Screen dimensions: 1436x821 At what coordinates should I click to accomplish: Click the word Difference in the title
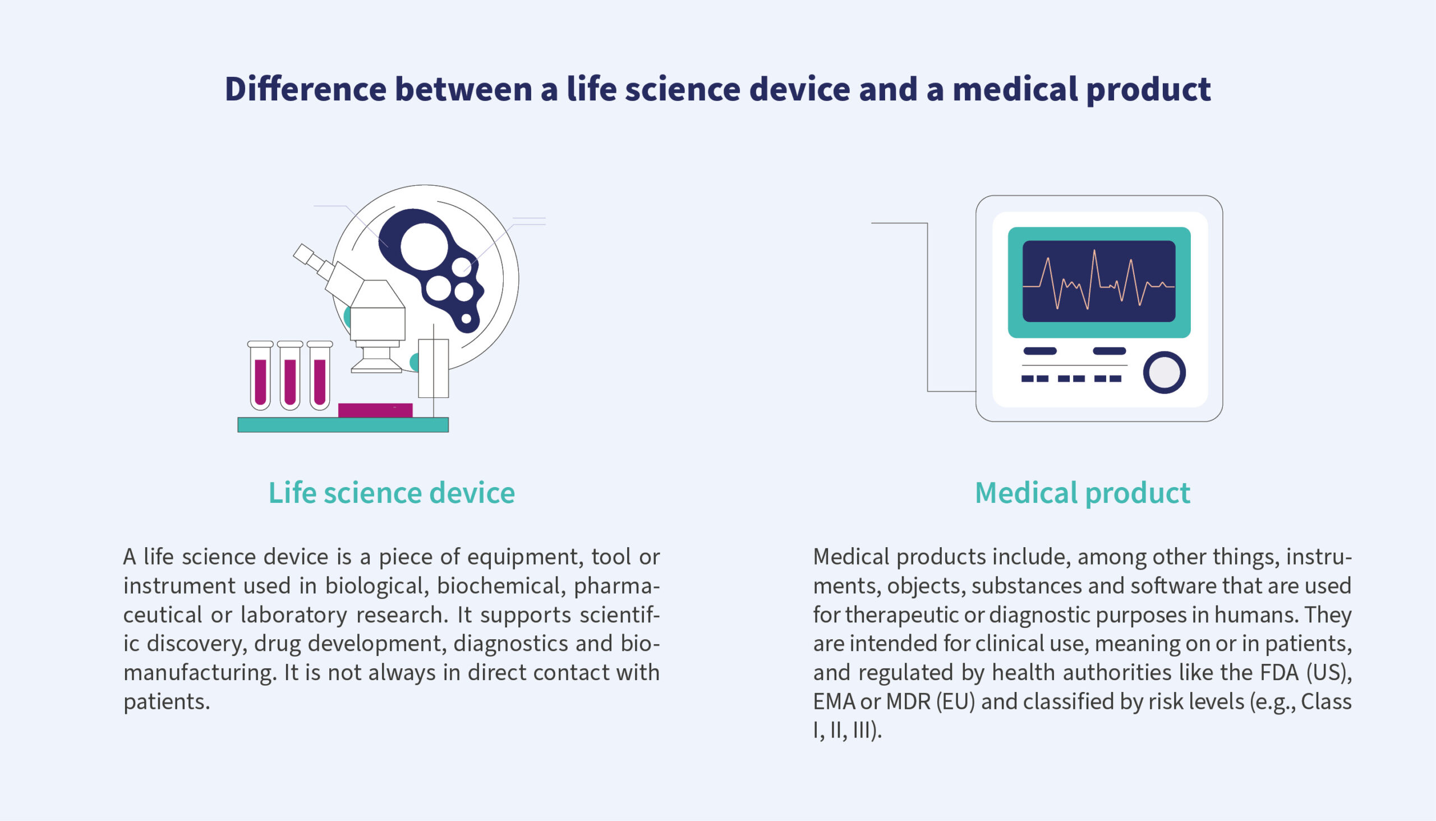point(306,89)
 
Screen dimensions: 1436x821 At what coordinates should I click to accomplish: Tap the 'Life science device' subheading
point(392,493)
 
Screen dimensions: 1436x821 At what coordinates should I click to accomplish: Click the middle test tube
point(290,375)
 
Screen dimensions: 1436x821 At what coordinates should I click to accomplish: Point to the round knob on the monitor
point(1165,373)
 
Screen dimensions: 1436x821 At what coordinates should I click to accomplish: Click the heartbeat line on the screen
point(1099,282)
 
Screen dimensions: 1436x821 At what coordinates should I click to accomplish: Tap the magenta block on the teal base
point(375,410)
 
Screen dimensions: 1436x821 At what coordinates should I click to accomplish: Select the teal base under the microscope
point(343,425)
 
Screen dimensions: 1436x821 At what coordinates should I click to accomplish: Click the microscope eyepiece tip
point(303,253)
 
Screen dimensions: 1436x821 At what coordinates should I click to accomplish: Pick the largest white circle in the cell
point(424,246)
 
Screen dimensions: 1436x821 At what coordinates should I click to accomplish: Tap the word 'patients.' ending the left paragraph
point(167,703)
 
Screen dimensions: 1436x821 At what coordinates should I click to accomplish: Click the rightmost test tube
point(320,375)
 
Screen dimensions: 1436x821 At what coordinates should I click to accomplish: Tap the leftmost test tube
point(260,375)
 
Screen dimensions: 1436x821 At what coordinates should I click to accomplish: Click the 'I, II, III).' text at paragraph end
point(847,731)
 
